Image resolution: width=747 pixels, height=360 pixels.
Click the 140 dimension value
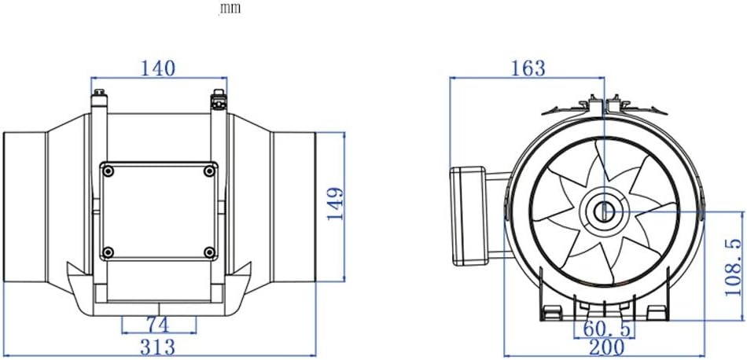159,68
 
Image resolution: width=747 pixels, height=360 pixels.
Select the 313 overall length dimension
158,347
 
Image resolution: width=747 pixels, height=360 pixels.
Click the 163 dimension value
528,68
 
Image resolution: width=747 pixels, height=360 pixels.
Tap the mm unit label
230,9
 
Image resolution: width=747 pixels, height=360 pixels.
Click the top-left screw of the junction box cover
109,171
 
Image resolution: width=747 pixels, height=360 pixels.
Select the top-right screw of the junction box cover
208,171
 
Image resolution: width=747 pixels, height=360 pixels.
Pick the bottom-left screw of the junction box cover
109,252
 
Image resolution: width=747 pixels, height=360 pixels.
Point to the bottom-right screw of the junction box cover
208,252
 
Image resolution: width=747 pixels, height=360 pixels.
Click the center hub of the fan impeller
603,211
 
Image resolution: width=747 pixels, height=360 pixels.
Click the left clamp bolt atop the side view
99,100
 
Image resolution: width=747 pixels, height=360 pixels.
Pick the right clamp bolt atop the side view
218,100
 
